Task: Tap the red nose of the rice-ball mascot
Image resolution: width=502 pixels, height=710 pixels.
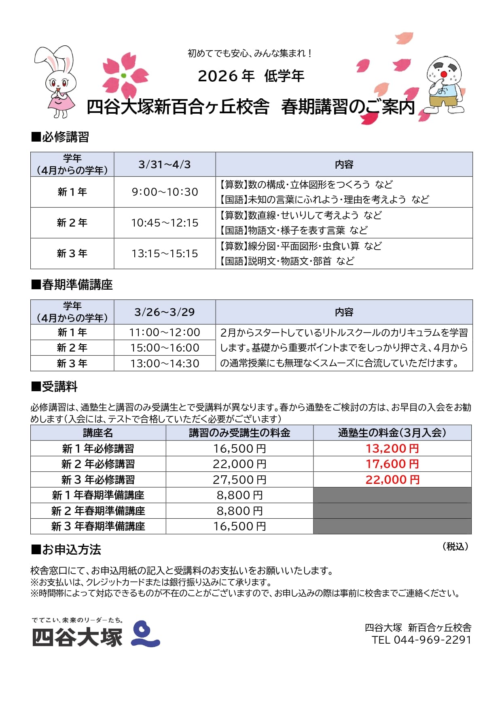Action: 444,74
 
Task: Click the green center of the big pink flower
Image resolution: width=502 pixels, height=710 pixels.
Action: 124,76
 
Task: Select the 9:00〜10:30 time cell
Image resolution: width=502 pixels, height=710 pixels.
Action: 165,192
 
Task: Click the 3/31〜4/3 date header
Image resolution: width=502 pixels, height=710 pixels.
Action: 165,164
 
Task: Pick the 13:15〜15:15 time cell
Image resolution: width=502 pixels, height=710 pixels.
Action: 165,254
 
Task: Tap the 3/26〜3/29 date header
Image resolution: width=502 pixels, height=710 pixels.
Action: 165,312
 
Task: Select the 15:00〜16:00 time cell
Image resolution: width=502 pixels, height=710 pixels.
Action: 165,348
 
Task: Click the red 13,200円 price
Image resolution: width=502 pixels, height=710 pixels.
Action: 392,448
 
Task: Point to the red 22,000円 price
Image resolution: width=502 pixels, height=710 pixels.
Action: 392,479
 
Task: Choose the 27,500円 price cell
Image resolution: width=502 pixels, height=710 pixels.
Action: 239,479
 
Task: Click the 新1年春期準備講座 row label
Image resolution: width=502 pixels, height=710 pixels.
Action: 98,495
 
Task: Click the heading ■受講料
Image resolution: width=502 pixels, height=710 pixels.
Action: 54,387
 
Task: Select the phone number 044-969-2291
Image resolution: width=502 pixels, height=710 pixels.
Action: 432,640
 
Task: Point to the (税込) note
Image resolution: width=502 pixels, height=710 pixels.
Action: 455,547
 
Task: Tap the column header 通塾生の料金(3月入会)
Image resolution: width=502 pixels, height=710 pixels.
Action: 392,433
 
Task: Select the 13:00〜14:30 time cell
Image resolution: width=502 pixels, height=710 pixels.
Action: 165,363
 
